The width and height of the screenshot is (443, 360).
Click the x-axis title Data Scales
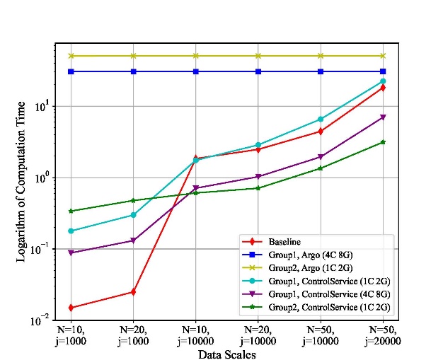pos(227,354)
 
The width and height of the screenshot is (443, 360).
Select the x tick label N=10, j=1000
pos(71,335)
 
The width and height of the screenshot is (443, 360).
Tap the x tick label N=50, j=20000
pos(383,335)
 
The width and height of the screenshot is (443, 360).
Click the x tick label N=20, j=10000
pos(258,335)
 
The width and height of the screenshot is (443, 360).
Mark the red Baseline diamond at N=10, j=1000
pos(71,308)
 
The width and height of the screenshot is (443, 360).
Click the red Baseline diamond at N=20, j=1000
pos(133,291)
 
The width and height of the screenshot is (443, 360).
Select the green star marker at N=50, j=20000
pos(383,142)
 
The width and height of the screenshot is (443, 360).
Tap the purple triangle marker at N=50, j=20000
pos(383,117)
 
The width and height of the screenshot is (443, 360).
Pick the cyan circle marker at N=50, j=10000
pos(321,120)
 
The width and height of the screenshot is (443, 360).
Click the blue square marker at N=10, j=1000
pos(71,71)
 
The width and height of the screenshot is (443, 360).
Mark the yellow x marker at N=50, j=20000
pos(383,56)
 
